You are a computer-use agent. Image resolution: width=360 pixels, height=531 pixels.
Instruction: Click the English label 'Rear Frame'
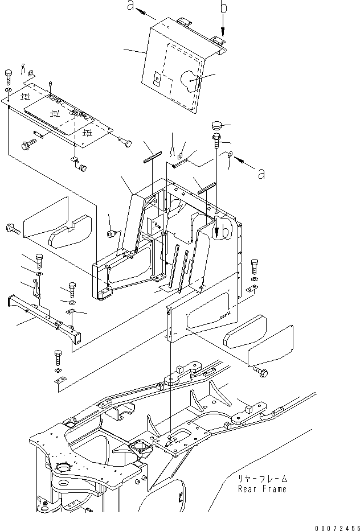click(262, 489)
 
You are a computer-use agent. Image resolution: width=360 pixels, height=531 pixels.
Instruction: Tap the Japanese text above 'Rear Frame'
click(263, 479)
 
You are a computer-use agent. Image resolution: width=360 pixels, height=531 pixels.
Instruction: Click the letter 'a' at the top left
click(130, 6)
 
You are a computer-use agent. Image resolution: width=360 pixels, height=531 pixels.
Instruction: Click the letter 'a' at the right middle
click(261, 174)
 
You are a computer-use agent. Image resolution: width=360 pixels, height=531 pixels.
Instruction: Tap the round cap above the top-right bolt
click(216, 126)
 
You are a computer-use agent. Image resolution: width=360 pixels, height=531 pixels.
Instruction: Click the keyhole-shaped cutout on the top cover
click(189, 81)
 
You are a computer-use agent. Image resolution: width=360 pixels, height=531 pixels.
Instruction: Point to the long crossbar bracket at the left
click(43, 315)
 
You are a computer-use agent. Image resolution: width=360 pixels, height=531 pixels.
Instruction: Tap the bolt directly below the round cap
click(216, 141)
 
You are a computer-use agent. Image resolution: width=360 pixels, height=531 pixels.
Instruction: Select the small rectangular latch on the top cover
click(157, 79)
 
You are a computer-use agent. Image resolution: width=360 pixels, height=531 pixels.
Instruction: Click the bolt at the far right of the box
click(255, 266)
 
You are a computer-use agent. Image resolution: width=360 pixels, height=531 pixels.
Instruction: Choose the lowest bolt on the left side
click(58, 357)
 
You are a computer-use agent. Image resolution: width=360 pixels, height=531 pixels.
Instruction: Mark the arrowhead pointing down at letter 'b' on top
click(223, 33)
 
